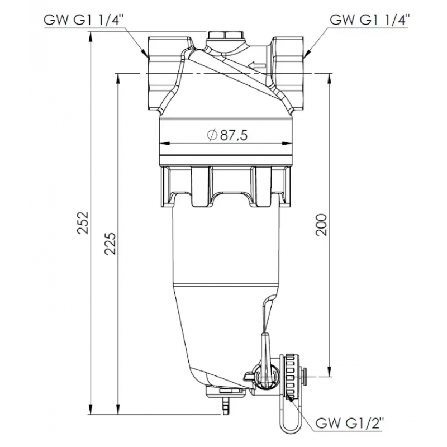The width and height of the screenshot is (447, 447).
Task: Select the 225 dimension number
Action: (x=110, y=243)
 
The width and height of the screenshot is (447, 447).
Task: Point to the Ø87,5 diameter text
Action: (x=226, y=135)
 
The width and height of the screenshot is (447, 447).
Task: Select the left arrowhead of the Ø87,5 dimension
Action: (x=163, y=144)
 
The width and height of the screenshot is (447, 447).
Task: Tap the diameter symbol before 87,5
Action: (x=211, y=135)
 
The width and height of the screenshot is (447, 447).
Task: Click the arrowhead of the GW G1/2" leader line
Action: (x=293, y=398)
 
